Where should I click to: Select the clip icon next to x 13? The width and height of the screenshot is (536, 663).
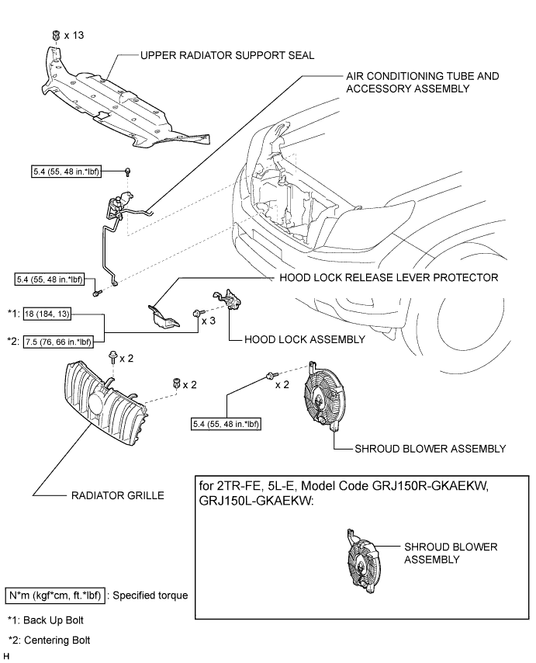(x=57, y=36)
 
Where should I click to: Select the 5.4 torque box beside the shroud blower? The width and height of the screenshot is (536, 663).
(x=226, y=424)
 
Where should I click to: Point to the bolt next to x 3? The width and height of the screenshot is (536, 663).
(x=194, y=313)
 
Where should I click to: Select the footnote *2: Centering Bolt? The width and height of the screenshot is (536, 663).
(x=50, y=640)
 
